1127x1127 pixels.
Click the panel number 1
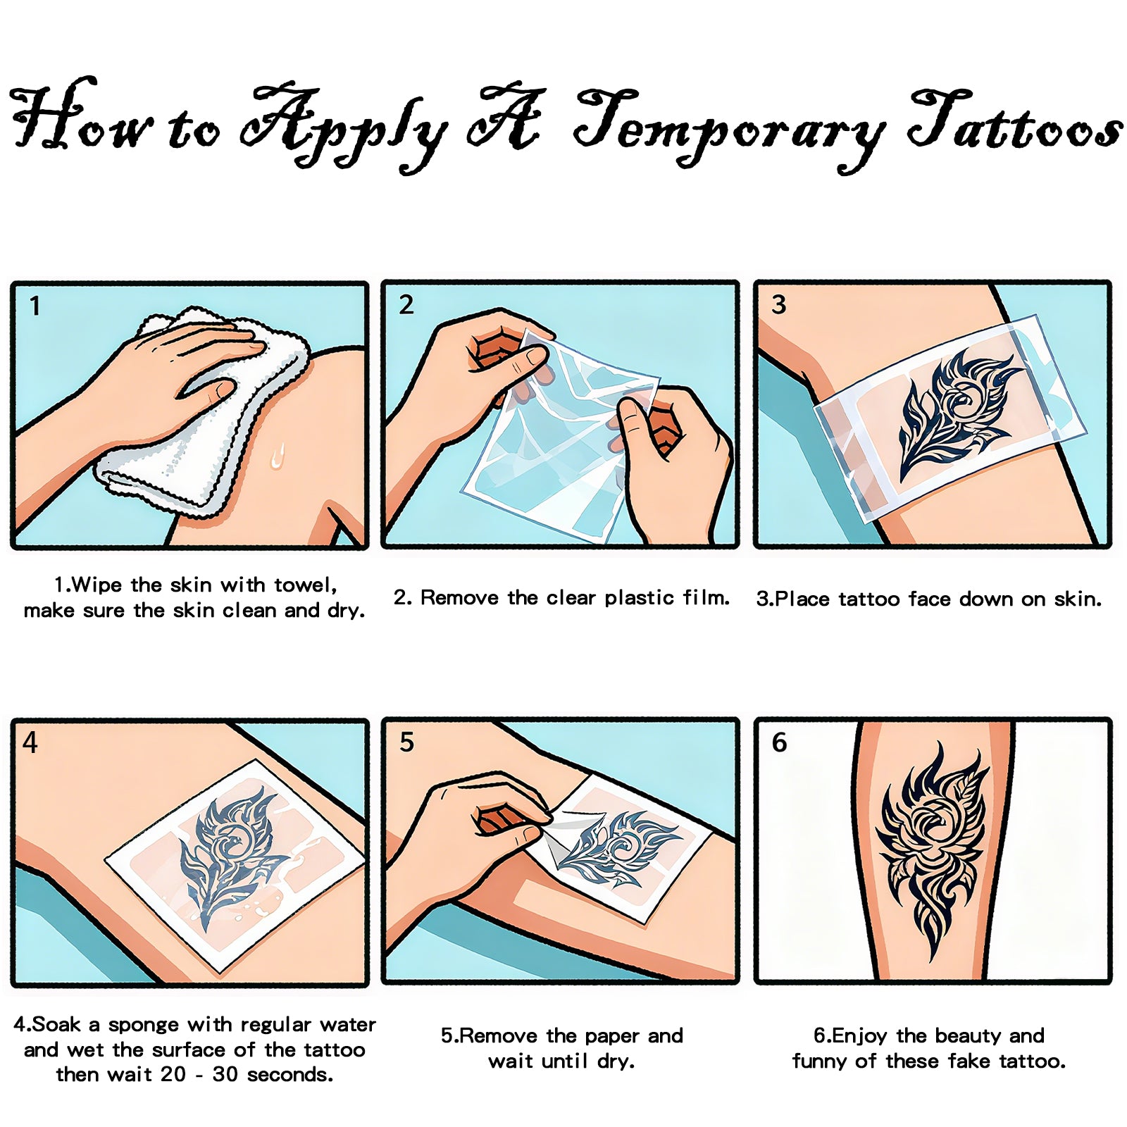click(35, 306)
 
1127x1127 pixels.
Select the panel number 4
click(30, 742)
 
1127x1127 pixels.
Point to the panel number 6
click(779, 742)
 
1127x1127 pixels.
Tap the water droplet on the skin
click(278, 456)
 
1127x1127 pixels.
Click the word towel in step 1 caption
click(304, 585)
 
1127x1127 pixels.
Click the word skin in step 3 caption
click(1076, 599)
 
